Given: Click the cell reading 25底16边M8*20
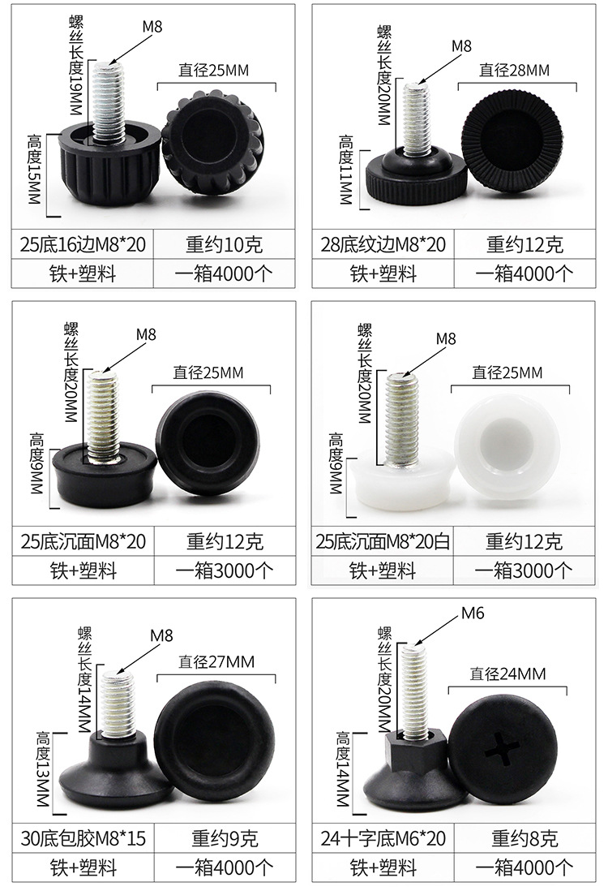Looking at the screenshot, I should tap(83, 244).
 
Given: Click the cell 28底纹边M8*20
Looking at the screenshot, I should tap(384, 244).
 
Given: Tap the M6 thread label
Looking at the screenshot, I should tap(473, 613).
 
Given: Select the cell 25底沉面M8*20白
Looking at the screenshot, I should tap(384, 541).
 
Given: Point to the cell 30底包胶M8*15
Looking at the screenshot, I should tap(83, 837).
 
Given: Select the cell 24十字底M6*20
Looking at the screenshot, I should tap(384, 837).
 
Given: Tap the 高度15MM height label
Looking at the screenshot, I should tap(34, 169).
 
